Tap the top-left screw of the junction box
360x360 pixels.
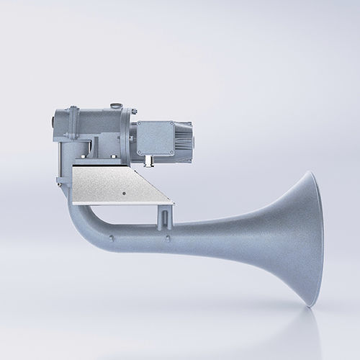[x=140, y=123]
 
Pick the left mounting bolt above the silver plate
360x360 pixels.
[x=88, y=153]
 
